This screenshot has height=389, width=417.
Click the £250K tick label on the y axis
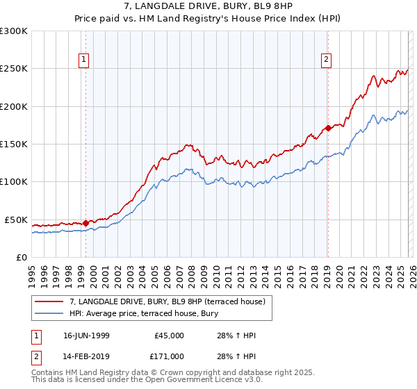(14, 69)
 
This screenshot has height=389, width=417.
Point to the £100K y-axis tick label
(14, 181)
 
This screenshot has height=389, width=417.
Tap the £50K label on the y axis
(17, 220)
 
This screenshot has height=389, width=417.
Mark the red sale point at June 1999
(85, 224)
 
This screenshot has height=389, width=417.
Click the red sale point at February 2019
(327, 128)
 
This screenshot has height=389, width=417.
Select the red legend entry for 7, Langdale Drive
(167, 301)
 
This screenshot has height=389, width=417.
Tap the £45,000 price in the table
(168, 336)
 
